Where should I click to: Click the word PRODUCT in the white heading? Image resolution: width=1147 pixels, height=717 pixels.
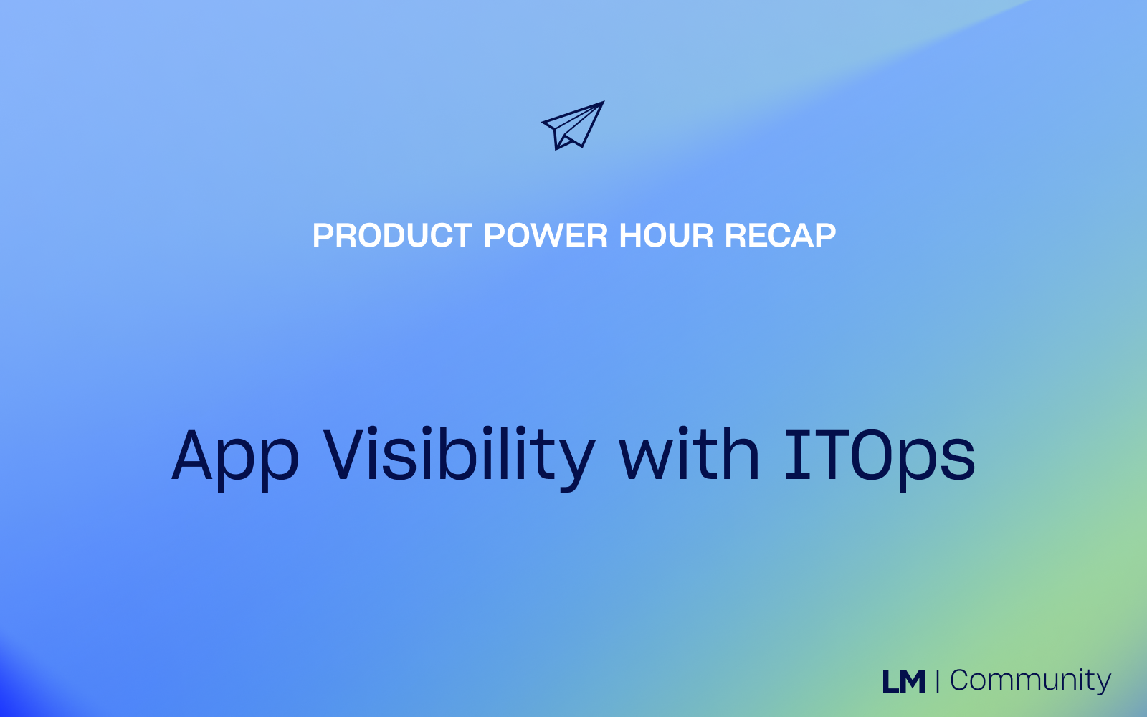tap(392, 236)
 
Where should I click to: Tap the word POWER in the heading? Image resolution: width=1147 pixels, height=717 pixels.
tap(546, 236)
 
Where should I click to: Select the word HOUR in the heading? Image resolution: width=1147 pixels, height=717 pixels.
tap(666, 236)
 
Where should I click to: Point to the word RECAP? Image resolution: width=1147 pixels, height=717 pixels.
tap(781, 236)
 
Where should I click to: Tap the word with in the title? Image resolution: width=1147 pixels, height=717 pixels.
tap(689, 454)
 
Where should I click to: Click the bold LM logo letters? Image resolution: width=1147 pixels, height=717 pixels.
tap(904, 681)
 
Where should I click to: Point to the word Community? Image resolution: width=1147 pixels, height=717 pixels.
tap(1030, 681)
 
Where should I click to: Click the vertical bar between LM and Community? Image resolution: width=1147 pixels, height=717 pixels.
tap(938, 681)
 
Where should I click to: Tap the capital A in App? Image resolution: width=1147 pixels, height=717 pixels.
tap(191, 455)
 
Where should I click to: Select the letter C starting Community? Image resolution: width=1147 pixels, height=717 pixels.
tap(961, 681)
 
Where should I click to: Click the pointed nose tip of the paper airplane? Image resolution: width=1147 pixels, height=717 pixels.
tap(604, 101)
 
